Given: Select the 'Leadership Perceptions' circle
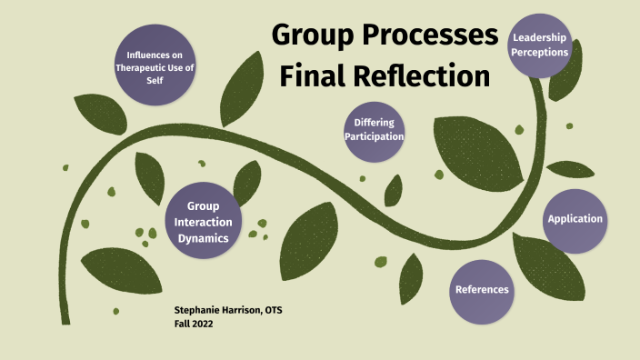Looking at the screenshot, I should [541, 45].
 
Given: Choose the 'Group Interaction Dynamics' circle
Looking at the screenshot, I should [205, 222].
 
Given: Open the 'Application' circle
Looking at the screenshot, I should [575, 219].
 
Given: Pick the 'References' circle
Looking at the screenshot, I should [482, 290].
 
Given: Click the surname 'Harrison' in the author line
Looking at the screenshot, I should [248, 311].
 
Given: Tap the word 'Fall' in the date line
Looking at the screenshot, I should [182, 324].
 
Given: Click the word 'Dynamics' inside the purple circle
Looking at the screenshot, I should [205, 238].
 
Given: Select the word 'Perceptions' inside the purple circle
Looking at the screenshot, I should [541, 53].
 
